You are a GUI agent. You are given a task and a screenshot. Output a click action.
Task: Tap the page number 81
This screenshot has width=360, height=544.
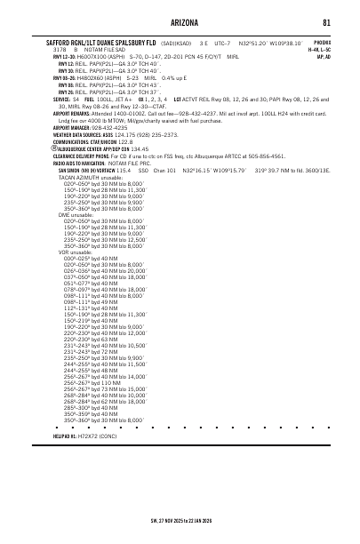tap(326, 22)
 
